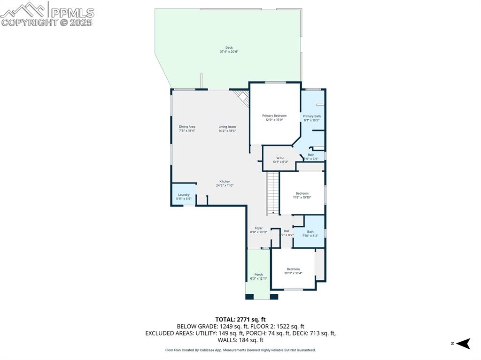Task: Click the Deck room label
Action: (x=229, y=47)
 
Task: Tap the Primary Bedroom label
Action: (x=274, y=115)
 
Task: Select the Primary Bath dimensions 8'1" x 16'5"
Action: (x=312, y=120)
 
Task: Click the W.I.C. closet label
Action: (x=280, y=158)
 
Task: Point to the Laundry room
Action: (x=184, y=194)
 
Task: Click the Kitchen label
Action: (x=225, y=182)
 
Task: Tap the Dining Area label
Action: (x=187, y=127)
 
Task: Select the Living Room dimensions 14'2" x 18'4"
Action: (x=227, y=131)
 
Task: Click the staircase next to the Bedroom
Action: (x=273, y=192)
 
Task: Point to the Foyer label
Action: (x=258, y=228)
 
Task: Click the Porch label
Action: (x=258, y=275)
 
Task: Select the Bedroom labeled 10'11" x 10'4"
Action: (x=293, y=271)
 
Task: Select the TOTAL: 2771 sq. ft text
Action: (x=240, y=319)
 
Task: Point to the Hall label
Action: (x=287, y=231)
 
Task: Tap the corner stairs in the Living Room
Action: (x=242, y=97)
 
